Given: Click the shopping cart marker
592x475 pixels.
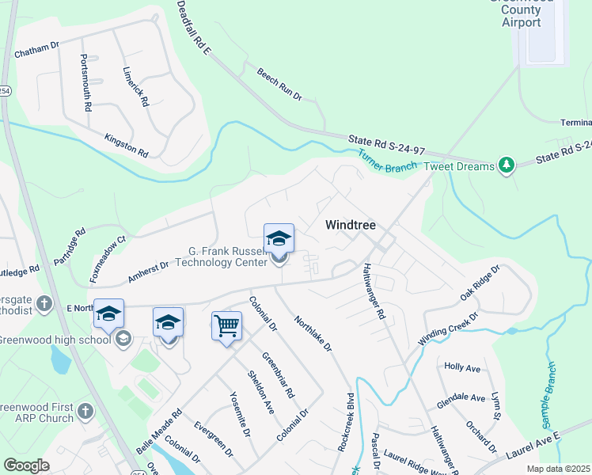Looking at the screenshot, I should (x=226, y=325).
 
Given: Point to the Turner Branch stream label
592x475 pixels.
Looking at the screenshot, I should (x=387, y=161).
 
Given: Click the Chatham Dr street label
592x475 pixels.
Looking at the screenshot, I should (x=37, y=47).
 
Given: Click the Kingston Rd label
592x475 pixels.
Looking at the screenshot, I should (x=127, y=144).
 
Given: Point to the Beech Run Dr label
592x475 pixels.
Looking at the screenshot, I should (x=279, y=84).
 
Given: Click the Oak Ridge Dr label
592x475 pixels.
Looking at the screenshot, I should (x=480, y=283).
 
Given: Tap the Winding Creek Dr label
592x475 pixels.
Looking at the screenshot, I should (x=449, y=326).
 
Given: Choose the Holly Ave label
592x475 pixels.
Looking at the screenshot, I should (x=463, y=367).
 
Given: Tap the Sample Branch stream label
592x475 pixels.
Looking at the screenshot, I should (x=551, y=389).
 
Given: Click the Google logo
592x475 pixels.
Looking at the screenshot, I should (x=27, y=465).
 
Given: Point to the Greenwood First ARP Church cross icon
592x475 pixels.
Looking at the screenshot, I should (x=85, y=412).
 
